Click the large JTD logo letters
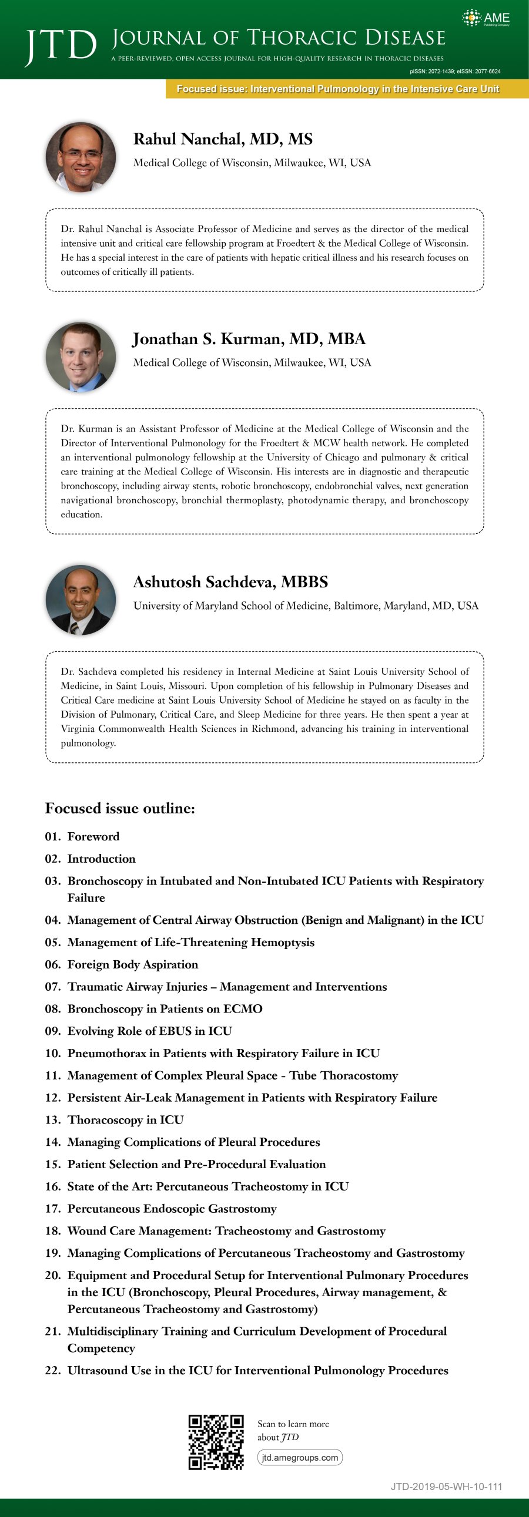point(61,45)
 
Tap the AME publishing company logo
point(486,18)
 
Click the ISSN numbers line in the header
point(455,71)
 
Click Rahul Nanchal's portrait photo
point(81,157)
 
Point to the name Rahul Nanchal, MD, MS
point(223,139)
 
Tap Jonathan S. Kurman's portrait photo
point(81,357)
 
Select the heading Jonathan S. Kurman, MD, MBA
point(249,339)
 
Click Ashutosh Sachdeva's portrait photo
point(81,600)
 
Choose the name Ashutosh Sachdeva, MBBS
point(230,582)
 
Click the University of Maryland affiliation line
point(305,606)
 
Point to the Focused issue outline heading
point(119,808)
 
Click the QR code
point(216,1442)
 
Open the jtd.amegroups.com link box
point(300,1457)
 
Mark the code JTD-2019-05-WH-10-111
point(446,1486)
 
